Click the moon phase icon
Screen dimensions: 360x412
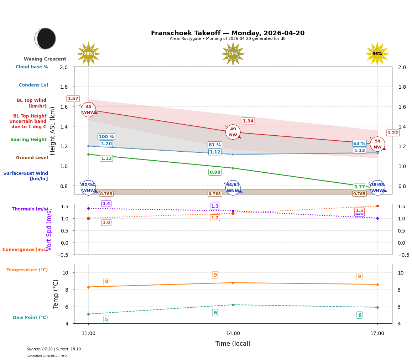pyautogui.click(x=45, y=38)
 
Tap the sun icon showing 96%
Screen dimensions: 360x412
pyautogui.click(x=377, y=54)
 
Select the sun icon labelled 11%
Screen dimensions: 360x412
pyautogui.click(x=233, y=54)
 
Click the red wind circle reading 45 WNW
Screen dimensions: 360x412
pyautogui.click(x=88, y=110)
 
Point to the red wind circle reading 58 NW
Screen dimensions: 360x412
pyautogui.click(x=377, y=144)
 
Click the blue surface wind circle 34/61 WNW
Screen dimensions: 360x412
pyautogui.click(x=233, y=188)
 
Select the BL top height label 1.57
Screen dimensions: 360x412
pyautogui.click(x=73, y=99)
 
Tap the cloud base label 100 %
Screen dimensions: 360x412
pyautogui.click(x=106, y=137)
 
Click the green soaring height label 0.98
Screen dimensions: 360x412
pyautogui.click(x=215, y=172)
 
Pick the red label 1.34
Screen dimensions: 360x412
pyautogui.click(x=248, y=121)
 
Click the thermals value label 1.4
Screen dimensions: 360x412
pyautogui.click(x=106, y=204)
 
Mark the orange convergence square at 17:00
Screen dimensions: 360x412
pyautogui.click(x=377, y=206)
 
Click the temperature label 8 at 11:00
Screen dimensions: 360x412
pyautogui.click(x=106, y=282)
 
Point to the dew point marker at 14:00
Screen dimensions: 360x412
pyautogui.click(x=233, y=305)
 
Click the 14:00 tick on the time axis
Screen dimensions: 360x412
pyautogui.click(x=233, y=334)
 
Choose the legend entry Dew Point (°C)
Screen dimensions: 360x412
pyautogui.click(x=30, y=318)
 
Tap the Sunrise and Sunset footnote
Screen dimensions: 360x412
pyautogui.click(x=54, y=349)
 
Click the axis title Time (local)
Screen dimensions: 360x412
pyautogui.click(x=233, y=344)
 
